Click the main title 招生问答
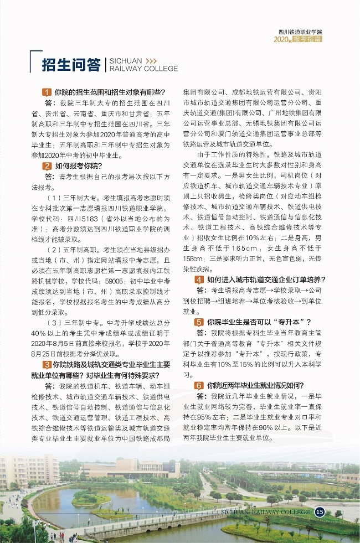pos(71,64)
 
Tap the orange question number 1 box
pos(47,92)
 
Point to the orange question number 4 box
pos(199,280)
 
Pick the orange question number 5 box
pos(199,322)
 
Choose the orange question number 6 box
pos(199,385)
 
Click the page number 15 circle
pos(320,512)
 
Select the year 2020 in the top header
pos(282,40)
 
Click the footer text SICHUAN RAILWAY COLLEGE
pos(265,513)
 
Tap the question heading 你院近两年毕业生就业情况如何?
pos(256,385)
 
